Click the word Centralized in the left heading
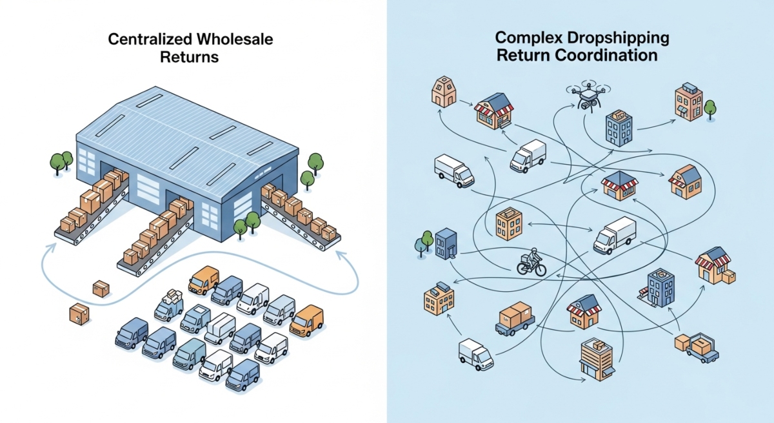[x=143, y=40]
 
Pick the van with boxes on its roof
[x=170, y=305]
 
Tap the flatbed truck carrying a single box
[x=515, y=319]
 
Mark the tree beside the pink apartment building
[x=710, y=108]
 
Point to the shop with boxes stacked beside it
[x=715, y=266]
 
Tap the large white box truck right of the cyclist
[x=614, y=235]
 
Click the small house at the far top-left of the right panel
[x=443, y=91]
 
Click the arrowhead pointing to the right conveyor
[x=339, y=254]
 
